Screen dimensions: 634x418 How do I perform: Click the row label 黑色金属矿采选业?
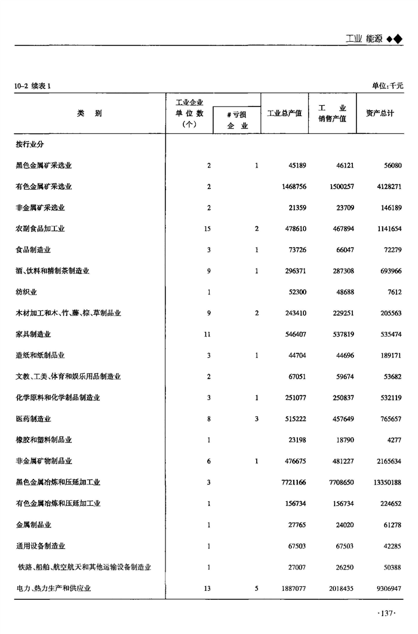48,166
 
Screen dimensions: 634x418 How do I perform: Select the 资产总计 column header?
380,113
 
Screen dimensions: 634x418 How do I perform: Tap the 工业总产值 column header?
284,113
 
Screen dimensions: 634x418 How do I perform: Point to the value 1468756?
293,187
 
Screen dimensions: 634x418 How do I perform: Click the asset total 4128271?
388,187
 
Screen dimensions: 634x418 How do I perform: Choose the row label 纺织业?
27,292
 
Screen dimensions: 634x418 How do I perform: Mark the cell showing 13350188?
386,482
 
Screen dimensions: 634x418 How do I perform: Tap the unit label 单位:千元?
388,86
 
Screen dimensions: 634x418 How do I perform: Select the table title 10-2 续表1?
33,86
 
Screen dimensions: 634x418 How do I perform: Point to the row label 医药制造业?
33,419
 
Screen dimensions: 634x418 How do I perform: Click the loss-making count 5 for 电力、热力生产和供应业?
257,589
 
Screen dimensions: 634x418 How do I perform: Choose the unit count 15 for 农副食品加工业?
207,228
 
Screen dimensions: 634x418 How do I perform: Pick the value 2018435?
342,589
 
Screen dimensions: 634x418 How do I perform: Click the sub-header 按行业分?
30,145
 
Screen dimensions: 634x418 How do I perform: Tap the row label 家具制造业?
33,334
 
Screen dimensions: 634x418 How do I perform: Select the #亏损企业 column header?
236,120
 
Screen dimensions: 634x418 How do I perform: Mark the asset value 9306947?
388,589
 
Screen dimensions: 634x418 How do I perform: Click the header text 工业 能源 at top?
364,38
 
